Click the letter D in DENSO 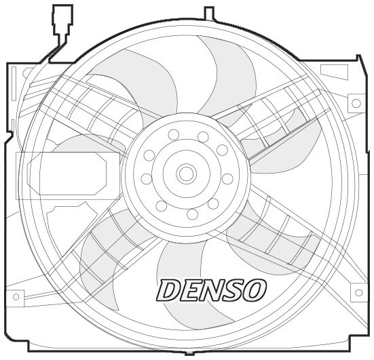tap(169, 290)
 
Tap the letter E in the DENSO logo tap(190, 290)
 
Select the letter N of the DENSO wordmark tap(211, 290)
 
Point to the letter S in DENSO tap(231, 290)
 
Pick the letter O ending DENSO tap(252, 290)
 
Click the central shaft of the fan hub tap(186, 174)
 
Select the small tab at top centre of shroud tap(209, 12)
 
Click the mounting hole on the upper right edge tap(355, 104)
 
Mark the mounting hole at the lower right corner tap(357, 293)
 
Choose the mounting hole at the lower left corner tap(16, 296)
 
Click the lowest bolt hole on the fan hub tap(192, 214)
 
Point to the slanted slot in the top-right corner tap(333, 71)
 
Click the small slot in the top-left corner tap(28, 72)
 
